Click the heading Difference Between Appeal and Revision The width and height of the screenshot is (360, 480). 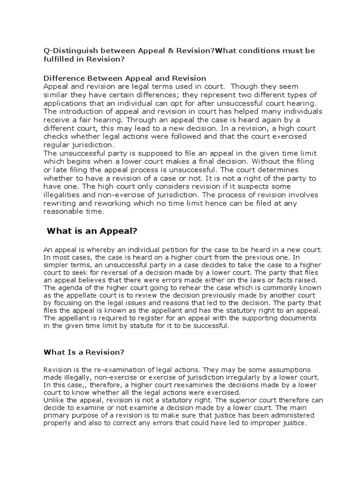(x=124, y=78)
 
